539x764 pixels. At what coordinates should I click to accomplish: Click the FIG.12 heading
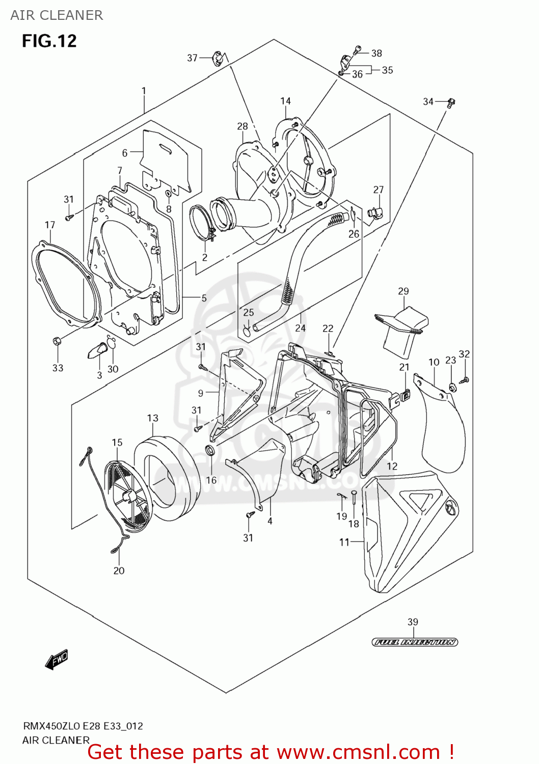click(49, 41)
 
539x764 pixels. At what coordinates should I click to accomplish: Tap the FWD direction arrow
click(57, 660)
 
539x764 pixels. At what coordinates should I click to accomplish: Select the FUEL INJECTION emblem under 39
click(414, 642)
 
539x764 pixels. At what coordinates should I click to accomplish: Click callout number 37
click(192, 58)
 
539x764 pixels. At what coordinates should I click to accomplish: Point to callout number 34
click(428, 102)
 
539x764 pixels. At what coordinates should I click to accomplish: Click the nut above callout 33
click(57, 341)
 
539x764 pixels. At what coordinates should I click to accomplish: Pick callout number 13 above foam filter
click(152, 418)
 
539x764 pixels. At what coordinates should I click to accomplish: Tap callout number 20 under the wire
click(119, 571)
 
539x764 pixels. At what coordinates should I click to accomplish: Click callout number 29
click(403, 291)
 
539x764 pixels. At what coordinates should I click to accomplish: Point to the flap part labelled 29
click(402, 329)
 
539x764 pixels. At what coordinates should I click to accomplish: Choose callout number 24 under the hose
click(300, 328)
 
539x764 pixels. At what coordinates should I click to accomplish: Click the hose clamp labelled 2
click(202, 224)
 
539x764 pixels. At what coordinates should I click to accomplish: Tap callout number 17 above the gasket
click(49, 225)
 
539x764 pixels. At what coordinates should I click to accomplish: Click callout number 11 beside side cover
click(344, 542)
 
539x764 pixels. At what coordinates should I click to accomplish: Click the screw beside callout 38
click(358, 50)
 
